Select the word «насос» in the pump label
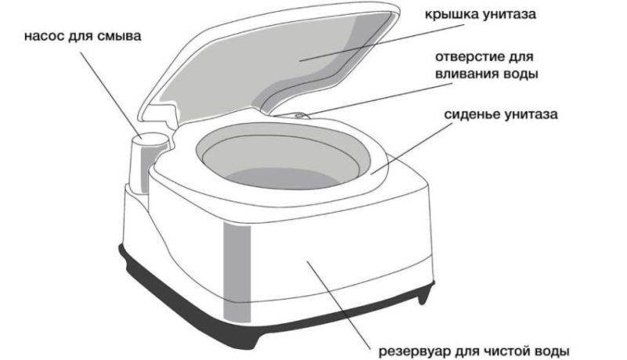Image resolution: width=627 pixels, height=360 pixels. point(44,36)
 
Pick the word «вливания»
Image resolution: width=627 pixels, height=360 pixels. point(466,75)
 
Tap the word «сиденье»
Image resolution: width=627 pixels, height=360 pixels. point(472,115)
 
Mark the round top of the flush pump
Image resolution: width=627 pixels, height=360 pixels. point(150,138)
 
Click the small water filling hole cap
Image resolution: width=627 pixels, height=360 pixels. point(299,115)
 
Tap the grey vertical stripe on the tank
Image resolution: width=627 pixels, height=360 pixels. point(237,272)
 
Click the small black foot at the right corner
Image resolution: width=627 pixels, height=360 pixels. point(424,295)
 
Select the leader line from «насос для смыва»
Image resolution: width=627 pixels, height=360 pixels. point(111,95)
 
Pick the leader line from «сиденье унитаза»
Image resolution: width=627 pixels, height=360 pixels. point(409,148)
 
